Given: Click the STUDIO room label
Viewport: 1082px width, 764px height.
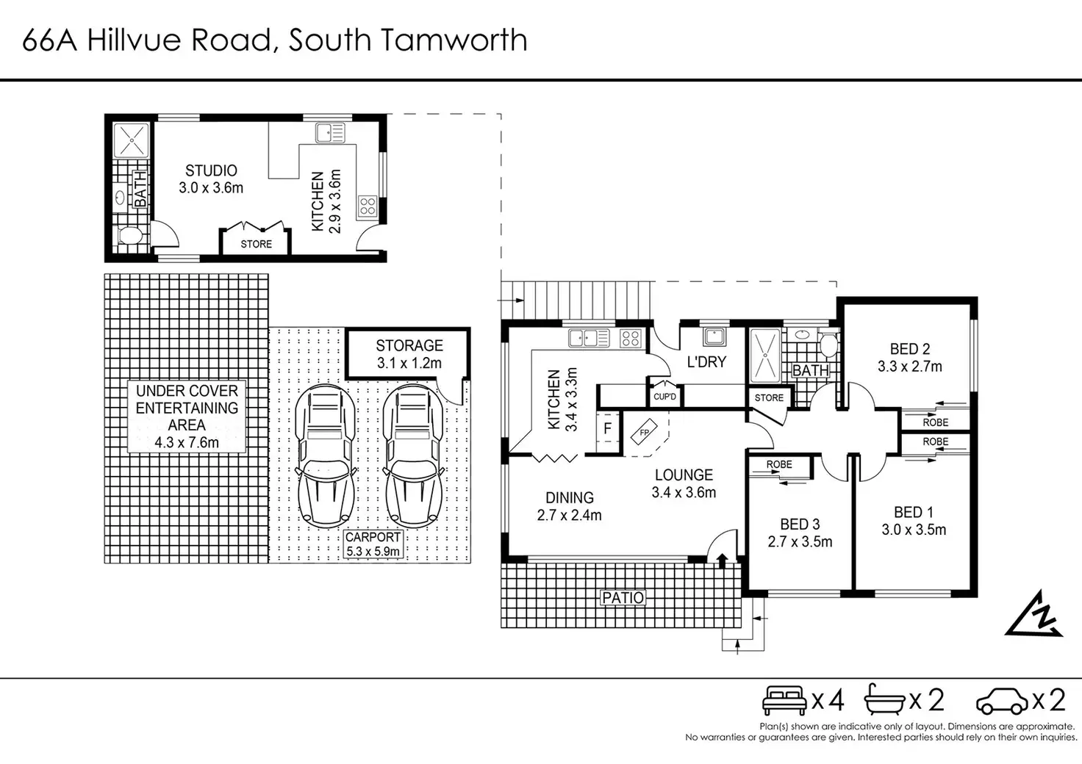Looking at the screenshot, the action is [211, 170].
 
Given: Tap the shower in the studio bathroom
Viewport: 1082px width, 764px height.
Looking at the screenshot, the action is [132, 140].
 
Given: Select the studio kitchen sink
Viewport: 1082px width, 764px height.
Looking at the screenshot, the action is [330, 133].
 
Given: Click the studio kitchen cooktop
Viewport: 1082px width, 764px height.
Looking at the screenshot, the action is [367, 206].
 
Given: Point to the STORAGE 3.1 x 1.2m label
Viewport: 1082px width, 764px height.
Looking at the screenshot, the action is [409, 354].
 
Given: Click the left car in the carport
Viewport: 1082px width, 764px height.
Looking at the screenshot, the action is [326, 456].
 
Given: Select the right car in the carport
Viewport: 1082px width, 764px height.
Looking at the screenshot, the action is [414, 456].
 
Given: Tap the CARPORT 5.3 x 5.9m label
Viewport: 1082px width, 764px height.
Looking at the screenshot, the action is [373, 544].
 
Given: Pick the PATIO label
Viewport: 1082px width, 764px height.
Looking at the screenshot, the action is [623, 598].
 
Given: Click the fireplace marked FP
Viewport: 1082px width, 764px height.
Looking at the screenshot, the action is [645, 432].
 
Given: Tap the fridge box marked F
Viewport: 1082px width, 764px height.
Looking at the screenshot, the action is [608, 428].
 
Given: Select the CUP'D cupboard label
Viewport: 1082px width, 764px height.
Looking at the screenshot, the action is [664, 397].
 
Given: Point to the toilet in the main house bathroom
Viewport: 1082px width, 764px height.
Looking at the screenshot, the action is [829, 342].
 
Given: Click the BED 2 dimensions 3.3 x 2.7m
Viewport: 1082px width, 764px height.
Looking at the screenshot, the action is [909, 367].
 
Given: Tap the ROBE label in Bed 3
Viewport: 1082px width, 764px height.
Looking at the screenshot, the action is [779, 464].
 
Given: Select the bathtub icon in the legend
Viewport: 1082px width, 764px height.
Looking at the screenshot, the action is [884, 699].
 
